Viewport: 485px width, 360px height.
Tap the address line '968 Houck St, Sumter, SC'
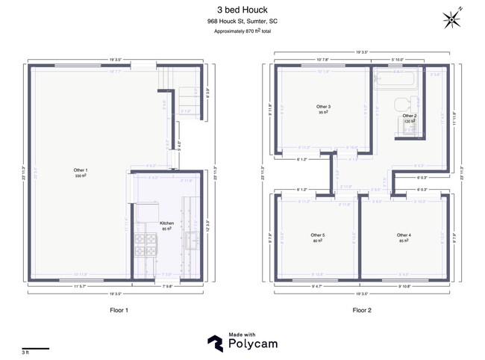point(242,22)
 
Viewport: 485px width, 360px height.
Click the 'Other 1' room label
point(79,171)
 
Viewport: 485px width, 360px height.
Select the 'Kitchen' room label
point(168,225)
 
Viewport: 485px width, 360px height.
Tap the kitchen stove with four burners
point(142,244)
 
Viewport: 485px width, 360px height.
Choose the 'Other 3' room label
point(324,109)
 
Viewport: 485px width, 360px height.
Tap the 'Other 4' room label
point(404,238)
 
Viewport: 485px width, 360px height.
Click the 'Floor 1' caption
point(119,309)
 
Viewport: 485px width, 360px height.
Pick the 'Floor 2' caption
point(362,309)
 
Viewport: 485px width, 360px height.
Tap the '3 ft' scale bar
point(35,349)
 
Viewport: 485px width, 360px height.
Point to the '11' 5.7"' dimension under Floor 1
point(79,288)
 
